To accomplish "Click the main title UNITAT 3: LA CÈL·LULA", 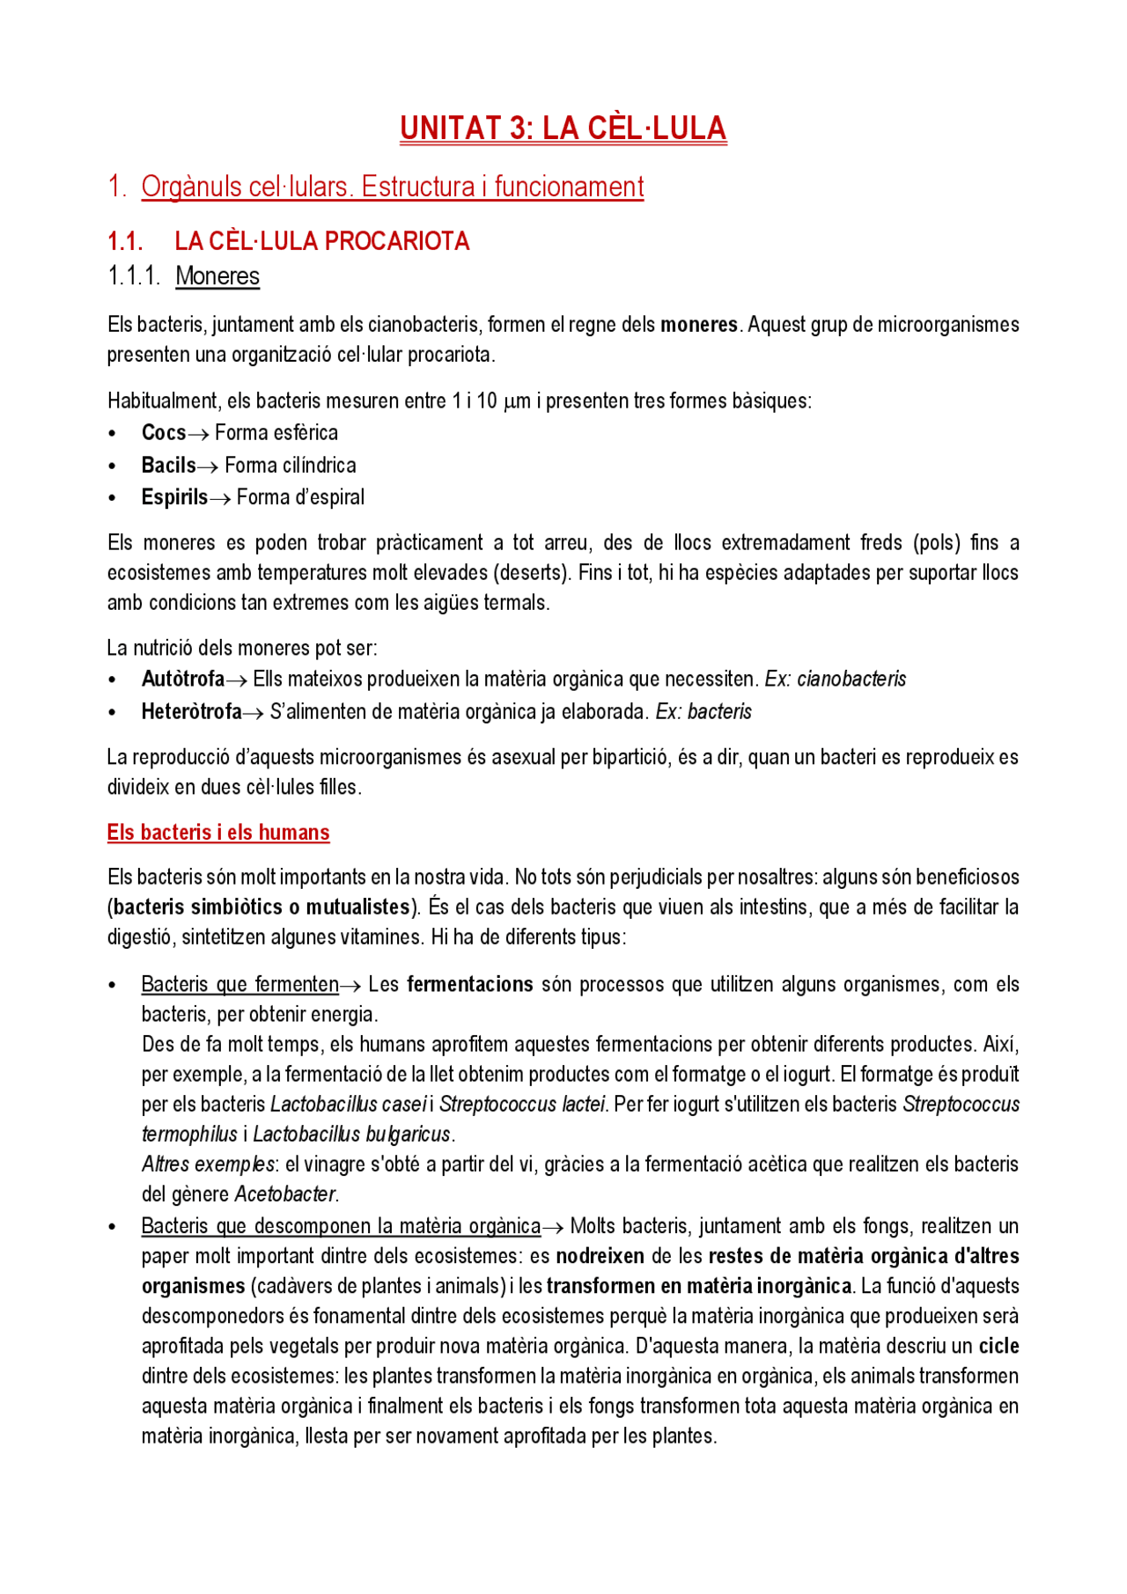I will pos(563,129).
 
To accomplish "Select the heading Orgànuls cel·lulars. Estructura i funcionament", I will pos(392,187).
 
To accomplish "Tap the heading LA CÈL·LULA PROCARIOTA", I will pos(321,241).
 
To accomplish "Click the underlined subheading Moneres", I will pos(217,276).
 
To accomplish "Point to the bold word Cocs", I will pos(164,433).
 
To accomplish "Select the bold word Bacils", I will pos(168,466).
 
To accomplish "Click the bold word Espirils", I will pos(174,497).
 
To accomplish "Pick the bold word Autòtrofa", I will pos(182,679).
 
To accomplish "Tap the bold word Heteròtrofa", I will pos(191,712).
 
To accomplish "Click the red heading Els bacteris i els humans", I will pos(218,833).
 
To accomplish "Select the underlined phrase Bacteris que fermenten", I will pos(239,985).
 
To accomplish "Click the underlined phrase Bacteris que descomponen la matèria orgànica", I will pos(341,1226).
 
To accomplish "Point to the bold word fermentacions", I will pos(469,985).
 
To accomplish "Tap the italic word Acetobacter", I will pos(285,1194).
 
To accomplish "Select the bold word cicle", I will pos(998,1346).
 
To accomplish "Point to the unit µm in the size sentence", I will pos(517,401).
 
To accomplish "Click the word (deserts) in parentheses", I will pos(531,573).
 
